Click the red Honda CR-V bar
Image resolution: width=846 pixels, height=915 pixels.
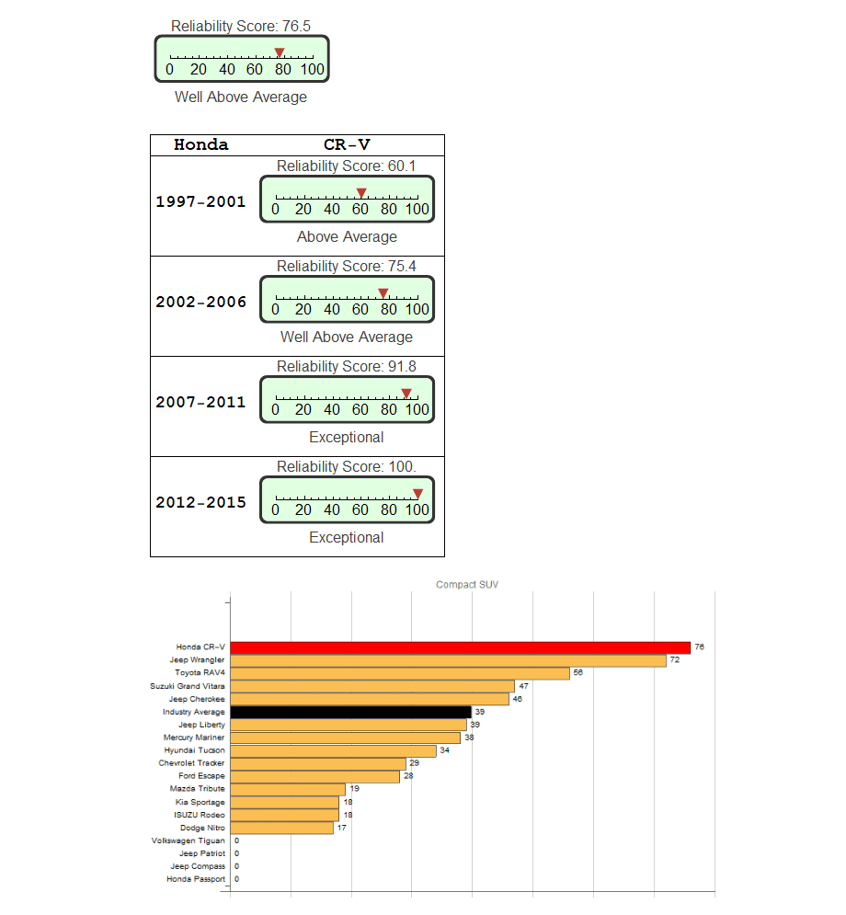[460, 647]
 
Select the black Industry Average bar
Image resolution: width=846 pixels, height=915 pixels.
[350, 712]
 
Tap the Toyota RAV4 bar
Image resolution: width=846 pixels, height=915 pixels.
[400, 673]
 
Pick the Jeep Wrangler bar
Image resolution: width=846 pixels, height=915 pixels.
[448, 660]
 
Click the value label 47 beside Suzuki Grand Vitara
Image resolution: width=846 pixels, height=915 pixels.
[523, 686]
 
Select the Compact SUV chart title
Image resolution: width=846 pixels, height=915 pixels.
[467, 584]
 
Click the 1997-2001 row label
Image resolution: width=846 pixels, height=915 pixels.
[200, 201]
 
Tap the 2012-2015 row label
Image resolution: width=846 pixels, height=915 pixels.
[200, 502]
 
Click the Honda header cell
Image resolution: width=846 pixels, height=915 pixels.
[200, 144]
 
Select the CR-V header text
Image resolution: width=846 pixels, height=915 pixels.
[347, 144]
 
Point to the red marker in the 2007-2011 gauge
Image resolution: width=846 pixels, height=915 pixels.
[406, 393]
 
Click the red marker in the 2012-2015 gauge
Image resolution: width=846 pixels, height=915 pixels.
[417, 493]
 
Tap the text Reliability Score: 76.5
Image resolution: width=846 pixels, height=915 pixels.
[241, 27]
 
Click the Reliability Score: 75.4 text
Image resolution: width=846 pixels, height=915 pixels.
[347, 266]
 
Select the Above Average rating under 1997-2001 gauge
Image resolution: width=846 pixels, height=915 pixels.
[347, 236]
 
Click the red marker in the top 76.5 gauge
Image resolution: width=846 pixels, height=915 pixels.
[280, 52]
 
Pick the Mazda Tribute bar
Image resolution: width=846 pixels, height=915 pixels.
[288, 789]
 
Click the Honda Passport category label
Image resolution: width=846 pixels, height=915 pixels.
[195, 879]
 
